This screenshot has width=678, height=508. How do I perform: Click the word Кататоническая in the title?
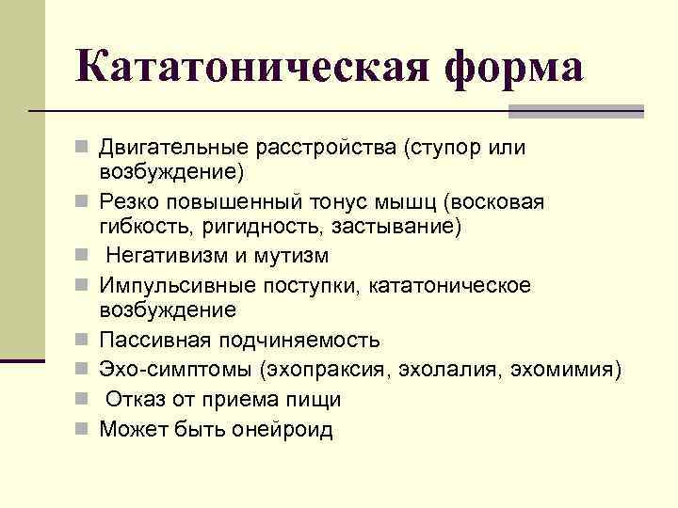[x=252, y=67]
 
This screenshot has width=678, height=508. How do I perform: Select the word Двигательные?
[x=174, y=149]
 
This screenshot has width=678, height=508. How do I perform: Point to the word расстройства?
[x=326, y=149]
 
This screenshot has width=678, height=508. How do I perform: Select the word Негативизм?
[x=167, y=255]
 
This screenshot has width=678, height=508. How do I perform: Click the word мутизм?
[x=291, y=256]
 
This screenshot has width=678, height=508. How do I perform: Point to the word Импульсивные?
[x=177, y=286]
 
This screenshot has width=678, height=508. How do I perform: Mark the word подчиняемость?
[x=299, y=341]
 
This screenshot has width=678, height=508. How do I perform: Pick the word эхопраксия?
[x=326, y=371]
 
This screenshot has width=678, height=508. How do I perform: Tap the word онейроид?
[x=282, y=430]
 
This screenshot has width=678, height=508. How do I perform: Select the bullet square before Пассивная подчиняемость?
[x=81, y=340]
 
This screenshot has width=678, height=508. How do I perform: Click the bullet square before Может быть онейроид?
[x=81, y=429]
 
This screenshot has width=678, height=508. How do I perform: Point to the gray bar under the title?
[x=576, y=111]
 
